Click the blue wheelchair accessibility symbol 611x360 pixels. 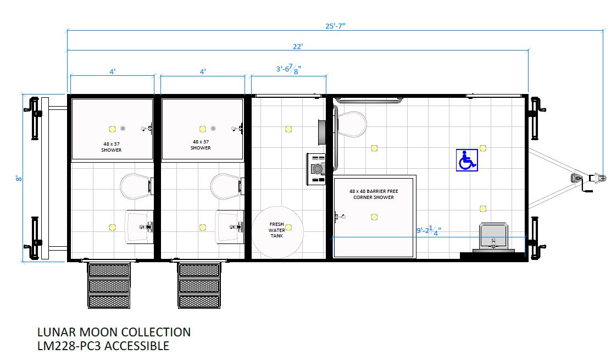(467, 160)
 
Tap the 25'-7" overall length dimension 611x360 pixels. (335, 26)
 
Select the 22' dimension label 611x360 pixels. (298, 46)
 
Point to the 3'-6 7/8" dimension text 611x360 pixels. (288, 69)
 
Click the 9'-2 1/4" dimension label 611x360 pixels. (429, 230)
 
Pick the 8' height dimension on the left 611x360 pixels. (19, 178)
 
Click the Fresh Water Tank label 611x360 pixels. (277, 230)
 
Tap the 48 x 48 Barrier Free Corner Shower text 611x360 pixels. (374, 194)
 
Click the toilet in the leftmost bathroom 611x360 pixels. (135, 186)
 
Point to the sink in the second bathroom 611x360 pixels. (230, 226)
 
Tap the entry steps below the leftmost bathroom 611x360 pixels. (109, 285)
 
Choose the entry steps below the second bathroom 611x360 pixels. (199, 285)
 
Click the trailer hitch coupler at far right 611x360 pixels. (598, 178)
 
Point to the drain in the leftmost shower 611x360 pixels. (123, 129)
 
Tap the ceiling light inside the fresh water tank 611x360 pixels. (288, 228)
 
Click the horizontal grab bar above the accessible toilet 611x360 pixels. (368, 101)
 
